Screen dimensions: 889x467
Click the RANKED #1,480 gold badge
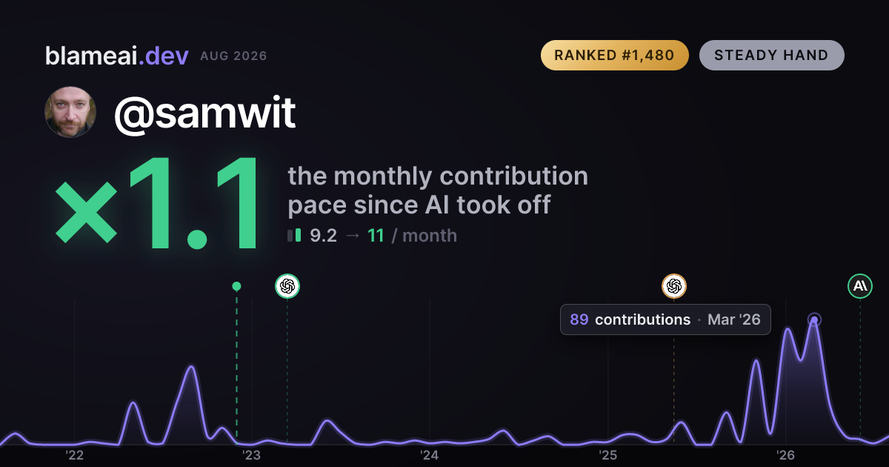tap(614, 55)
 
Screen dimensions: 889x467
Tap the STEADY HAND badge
tap(771, 55)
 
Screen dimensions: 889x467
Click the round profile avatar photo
tap(70, 112)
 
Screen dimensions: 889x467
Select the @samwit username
tap(204, 113)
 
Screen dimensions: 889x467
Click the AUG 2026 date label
tap(233, 56)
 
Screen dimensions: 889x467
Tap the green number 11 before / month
tap(376, 236)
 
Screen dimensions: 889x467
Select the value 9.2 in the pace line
tap(323, 236)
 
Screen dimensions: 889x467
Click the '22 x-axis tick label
tap(74, 455)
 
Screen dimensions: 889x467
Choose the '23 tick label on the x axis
tap(252, 455)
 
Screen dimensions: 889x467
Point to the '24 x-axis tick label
tap(430, 455)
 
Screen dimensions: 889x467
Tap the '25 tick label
tap(607, 455)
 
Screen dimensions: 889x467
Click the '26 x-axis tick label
tap(785, 455)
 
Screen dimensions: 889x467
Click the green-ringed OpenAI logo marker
tap(287, 286)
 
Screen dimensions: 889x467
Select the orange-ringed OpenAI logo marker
tap(674, 286)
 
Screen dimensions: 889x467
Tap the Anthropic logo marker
tap(860, 286)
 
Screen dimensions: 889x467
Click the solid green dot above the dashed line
tap(236, 286)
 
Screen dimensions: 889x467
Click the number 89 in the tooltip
tap(579, 319)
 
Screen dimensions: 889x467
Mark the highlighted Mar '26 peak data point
tap(814, 319)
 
